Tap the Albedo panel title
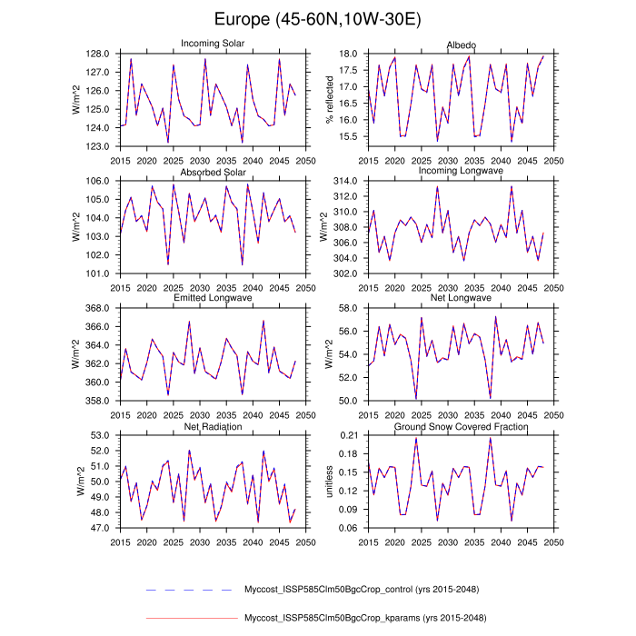[462, 45]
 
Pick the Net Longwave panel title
[462, 298]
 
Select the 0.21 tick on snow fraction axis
[346, 435]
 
